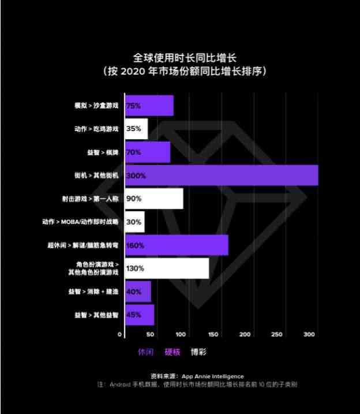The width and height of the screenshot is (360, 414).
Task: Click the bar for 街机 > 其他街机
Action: coord(221,175)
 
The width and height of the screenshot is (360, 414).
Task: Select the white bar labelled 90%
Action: coord(154,199)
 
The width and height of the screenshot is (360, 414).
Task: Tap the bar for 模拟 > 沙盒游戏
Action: coord(149,106)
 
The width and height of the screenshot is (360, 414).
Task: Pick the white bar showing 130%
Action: coord(167,268)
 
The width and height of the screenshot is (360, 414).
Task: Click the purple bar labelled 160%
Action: coord(177,245)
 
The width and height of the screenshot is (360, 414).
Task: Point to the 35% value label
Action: coord(134,129)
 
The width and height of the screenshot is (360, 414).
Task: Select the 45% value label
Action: coord(134,315)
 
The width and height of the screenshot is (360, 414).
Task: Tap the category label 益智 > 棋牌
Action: coord(99,152)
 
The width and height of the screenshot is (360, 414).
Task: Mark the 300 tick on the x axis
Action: coord(309,335)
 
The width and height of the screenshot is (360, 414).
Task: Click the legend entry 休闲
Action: coord(145,352)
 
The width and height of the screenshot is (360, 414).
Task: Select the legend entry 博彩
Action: coord(199,352)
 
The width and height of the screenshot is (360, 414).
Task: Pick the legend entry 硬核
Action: coord(172,352)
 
